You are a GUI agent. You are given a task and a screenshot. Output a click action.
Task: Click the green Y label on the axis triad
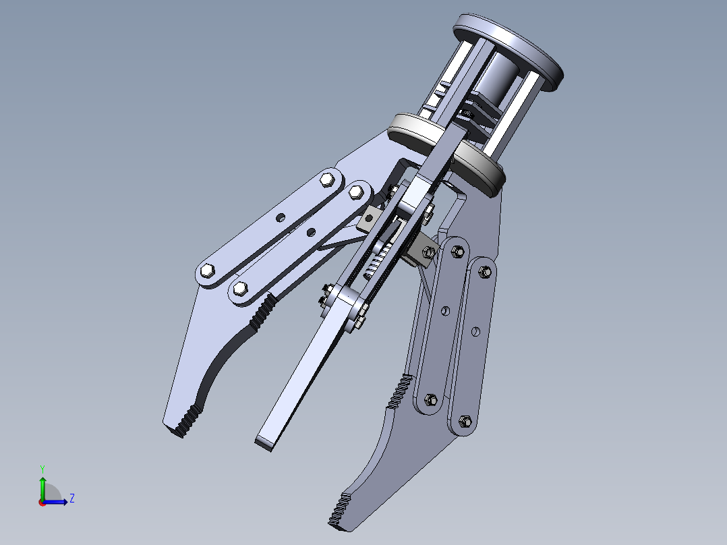(42, 467)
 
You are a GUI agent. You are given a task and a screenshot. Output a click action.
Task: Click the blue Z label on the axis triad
(71, 498)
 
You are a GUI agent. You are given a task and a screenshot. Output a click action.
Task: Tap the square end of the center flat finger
(266, 442)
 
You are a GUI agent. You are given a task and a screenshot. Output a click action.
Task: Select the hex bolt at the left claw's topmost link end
(328, 179)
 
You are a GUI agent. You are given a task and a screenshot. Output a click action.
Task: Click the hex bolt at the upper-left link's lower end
(207, 271)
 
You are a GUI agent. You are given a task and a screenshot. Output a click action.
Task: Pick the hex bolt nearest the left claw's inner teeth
(239, 289)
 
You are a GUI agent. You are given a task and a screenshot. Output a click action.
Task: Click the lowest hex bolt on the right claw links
(464, 422)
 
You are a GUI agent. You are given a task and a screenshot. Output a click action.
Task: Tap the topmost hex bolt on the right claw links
(456, 250)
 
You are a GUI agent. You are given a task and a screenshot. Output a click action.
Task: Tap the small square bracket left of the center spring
(369, 217)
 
